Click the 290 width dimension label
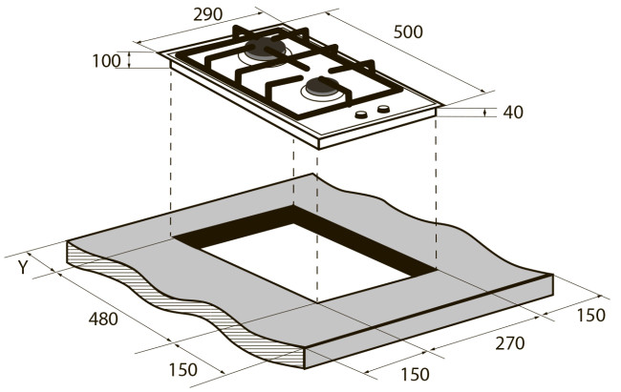coord(208,14)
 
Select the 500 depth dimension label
coord(408,32)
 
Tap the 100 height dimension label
coord(106,61)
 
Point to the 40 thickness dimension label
coord(513,113)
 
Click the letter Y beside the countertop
coord(23,267)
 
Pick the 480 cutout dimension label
coord(103,319)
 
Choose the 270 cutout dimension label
coord(510,343)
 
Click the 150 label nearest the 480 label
coord(183,370)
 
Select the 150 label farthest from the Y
coord(590,316)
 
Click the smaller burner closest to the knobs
coord(322,88)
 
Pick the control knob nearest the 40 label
coord(383,109)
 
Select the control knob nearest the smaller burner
coord(361,114)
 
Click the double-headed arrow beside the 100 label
coord(129,60)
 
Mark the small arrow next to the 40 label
coord(485,113)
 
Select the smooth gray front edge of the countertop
coord(430,321)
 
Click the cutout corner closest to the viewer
coord(317,302)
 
